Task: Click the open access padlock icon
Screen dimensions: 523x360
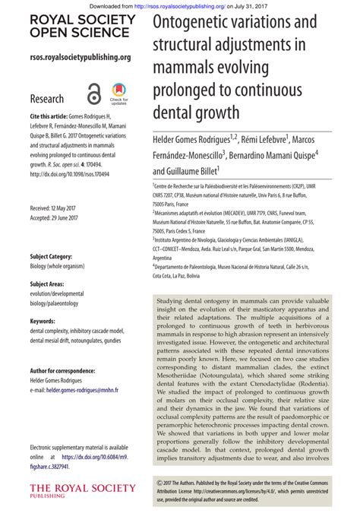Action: point(93,94)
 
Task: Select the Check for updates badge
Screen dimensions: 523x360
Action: point(118,94)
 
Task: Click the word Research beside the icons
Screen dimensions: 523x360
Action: point(46,99)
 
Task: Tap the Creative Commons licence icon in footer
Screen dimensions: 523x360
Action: point(157,482)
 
